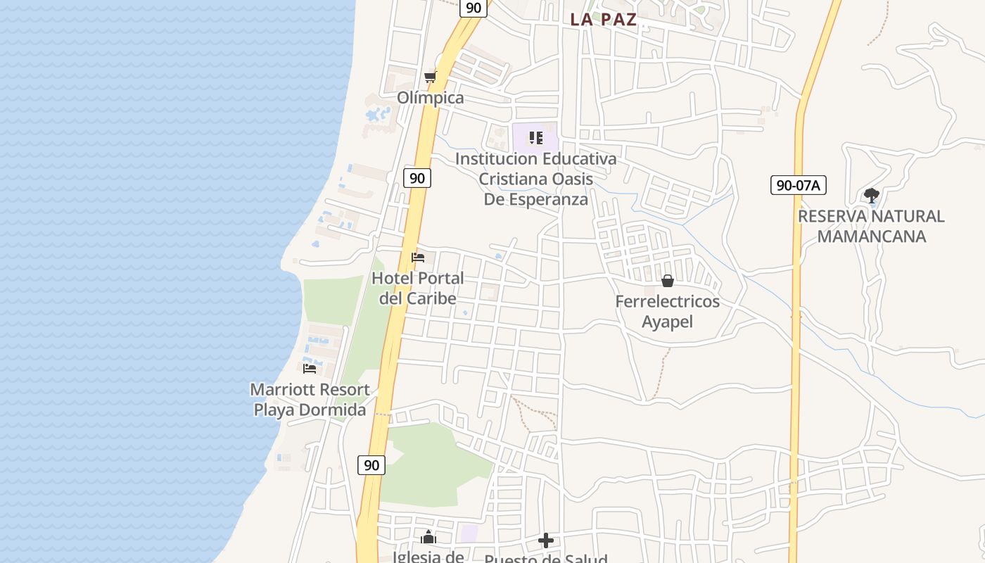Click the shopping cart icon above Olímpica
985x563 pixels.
click(x=430, y=77)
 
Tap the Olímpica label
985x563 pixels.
click(x=431, y=98)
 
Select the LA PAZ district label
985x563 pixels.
click(x=603, y=20)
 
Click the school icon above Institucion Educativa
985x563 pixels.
click(x=536, y=138)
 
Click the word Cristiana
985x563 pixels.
click(x=512, y=179)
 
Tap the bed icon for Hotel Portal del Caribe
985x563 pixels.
click(x=418, y=258)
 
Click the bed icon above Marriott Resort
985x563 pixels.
click(x=310, y=368)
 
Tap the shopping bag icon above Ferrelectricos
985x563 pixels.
click(x=668, y=281)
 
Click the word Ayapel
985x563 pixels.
click(x=668, y=322)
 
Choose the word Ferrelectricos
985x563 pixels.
click(x=668, y=302)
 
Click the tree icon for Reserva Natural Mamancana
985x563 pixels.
click(x=872, y=195)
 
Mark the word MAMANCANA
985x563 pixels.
click(x=872, y=236)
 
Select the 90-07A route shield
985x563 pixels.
click(x=798, y=186)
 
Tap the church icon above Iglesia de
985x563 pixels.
click(x=428, y=538)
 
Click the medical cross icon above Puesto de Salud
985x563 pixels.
click(x=546, y=540)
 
